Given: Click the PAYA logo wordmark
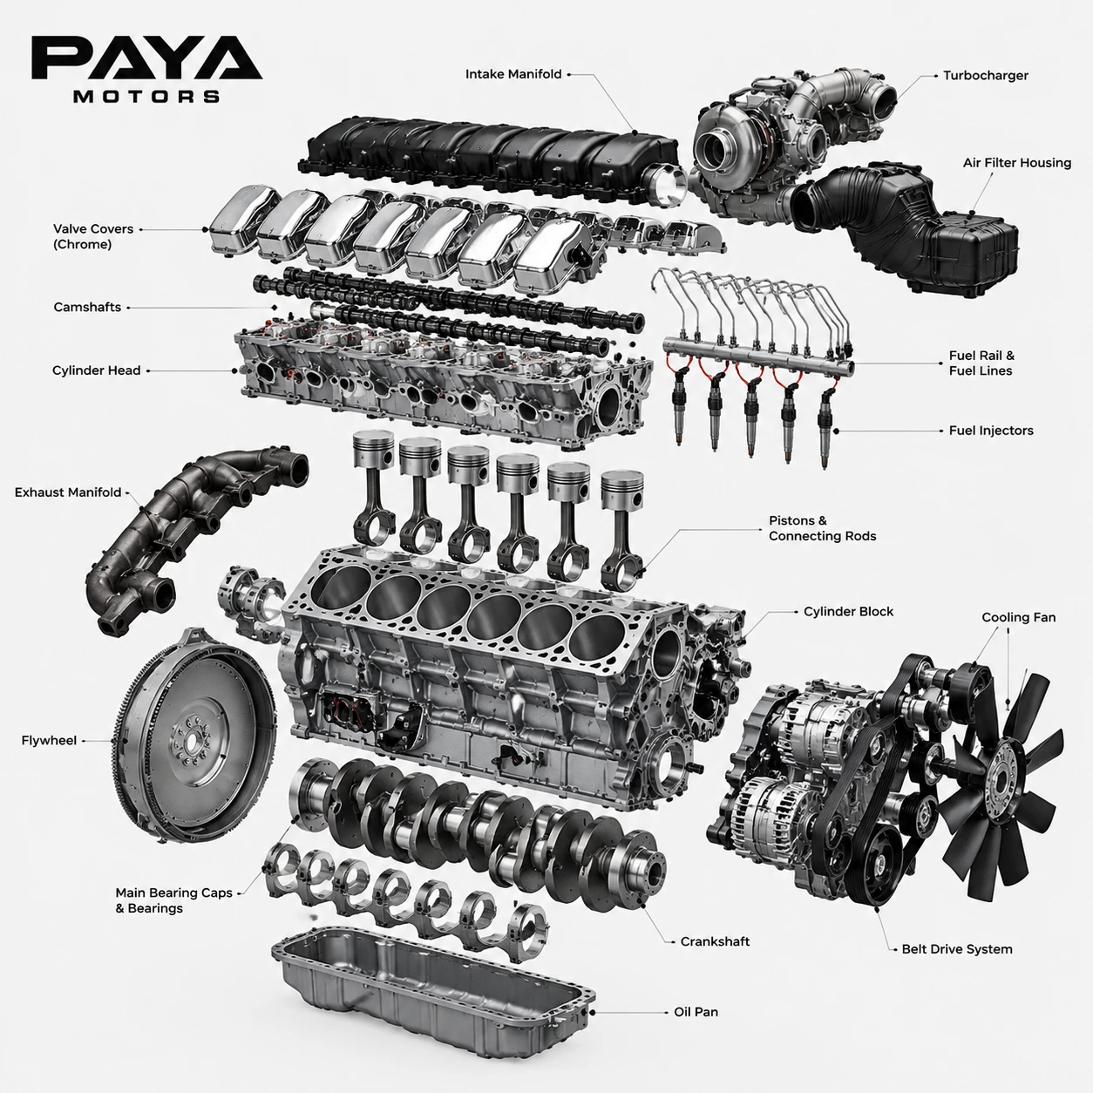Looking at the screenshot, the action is coord(146,58).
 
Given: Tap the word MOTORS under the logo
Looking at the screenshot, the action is coord(146,96).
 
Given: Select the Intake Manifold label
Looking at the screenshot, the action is coord(513,74).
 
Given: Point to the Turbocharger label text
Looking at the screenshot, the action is coord(985,76).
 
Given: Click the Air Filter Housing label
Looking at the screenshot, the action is coord(1017,163).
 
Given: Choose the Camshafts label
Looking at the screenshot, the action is coord(87,307).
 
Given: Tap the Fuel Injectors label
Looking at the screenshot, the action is coord(991,431).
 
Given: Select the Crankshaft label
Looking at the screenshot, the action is coord(715,941).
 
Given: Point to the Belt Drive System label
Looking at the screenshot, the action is coord(957,949).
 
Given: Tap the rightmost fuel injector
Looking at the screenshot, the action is coord(825,425).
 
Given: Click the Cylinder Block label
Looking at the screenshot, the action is coord(848,612).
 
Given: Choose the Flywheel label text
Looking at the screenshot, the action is coord(49,740).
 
